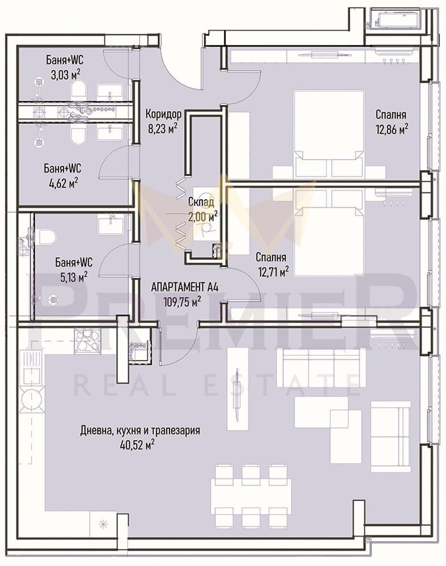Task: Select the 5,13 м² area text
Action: (x=72, y=276)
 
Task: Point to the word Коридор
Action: (x=163, y=113)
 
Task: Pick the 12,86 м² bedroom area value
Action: (x=392, y=129)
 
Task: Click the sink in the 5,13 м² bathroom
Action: (x=108, y=226)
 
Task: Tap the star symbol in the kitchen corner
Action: (x=103, y=524)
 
